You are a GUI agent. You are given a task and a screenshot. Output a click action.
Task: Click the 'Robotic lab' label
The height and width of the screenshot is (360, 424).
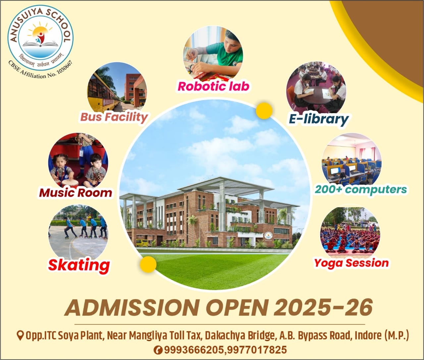pos(213,86)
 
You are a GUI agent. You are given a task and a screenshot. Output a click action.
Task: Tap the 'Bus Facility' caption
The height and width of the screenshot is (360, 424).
pos(114,117)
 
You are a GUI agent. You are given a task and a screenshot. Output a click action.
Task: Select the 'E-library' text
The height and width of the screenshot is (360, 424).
pos(319,119)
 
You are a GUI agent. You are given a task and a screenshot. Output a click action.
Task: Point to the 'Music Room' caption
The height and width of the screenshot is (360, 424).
pos(76,193)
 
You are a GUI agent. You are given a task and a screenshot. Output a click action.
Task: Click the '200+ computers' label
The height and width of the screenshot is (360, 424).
pos(361,190)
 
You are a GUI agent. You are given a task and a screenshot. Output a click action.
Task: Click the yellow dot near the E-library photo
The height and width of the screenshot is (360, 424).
pos(264,111)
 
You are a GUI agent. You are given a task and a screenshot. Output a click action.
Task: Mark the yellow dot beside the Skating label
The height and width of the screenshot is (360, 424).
pos(148,264)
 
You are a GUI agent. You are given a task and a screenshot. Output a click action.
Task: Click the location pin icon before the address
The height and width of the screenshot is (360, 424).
pos(20,336)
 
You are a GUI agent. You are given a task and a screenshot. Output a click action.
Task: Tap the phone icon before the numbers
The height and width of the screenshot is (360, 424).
pos(158,350)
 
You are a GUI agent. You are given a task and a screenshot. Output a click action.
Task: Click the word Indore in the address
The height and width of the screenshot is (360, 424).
pos(368,336)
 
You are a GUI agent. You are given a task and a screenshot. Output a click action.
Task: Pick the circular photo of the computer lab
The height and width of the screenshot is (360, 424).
pos(351,161)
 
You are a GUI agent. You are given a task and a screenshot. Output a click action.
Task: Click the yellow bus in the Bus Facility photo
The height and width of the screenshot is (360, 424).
pos(102,94)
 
